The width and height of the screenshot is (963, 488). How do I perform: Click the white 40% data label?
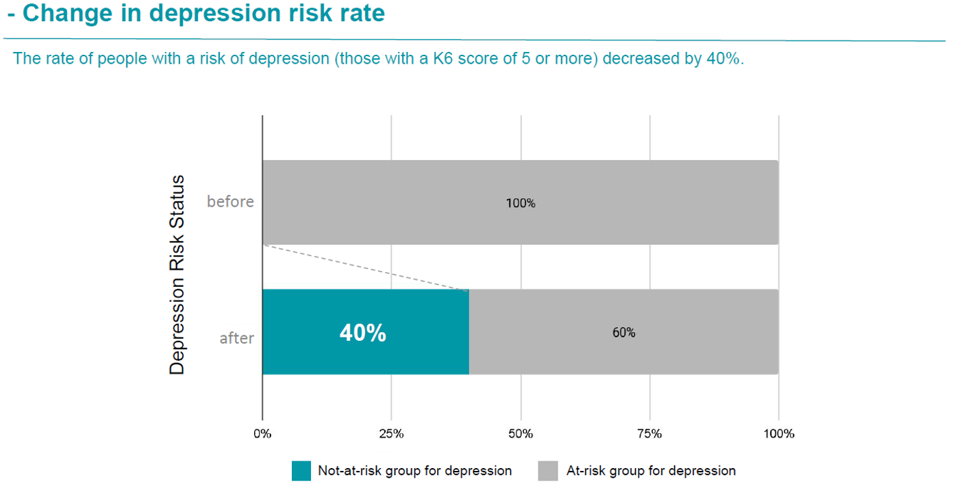tap(362, 333)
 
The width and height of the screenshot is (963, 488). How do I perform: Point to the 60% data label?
tap(623, 333)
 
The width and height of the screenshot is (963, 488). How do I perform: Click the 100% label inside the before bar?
tap(521, 203)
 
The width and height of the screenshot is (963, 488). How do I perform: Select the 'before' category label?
tap(230, 202)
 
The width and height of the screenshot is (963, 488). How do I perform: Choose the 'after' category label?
tap(236, 337)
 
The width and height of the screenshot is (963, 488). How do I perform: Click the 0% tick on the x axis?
tap(262, 433)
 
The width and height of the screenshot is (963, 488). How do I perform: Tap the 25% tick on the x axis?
tap(391, 433)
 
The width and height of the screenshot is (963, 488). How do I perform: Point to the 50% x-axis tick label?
tap(521, 433)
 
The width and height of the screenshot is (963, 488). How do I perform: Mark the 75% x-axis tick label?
tap(649, 433)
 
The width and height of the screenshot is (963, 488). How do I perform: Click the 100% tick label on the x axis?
tap(779, 433)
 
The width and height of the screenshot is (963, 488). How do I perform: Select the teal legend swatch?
tap(301, 471)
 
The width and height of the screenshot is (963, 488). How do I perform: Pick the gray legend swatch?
tap(548, 471)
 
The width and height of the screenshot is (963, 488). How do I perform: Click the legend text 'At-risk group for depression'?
tap(651, 471)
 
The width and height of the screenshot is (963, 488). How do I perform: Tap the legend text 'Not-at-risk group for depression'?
tap(414, 471)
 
